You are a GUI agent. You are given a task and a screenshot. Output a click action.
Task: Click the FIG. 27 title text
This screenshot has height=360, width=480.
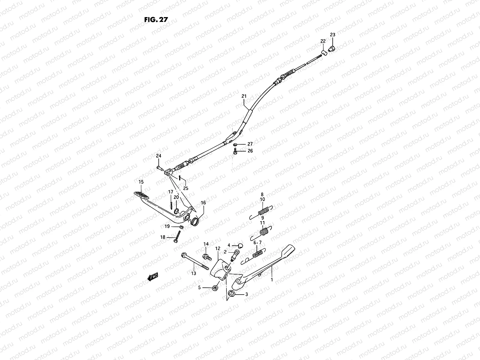[x=156, y=19]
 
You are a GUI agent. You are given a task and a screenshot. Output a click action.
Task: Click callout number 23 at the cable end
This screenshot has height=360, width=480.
[x=333, y=35]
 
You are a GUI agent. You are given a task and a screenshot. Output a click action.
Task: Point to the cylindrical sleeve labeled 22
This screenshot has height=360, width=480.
[x=324, y=53]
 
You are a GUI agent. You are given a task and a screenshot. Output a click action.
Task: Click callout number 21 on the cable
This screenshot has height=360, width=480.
[x=244, y=96]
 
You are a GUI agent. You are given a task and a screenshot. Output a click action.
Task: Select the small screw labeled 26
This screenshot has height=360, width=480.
[x=235, y=152]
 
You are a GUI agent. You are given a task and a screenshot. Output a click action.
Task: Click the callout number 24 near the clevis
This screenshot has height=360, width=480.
[x=158, y=156]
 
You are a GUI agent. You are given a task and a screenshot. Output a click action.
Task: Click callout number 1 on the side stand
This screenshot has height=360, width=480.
[x=272, y=279]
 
